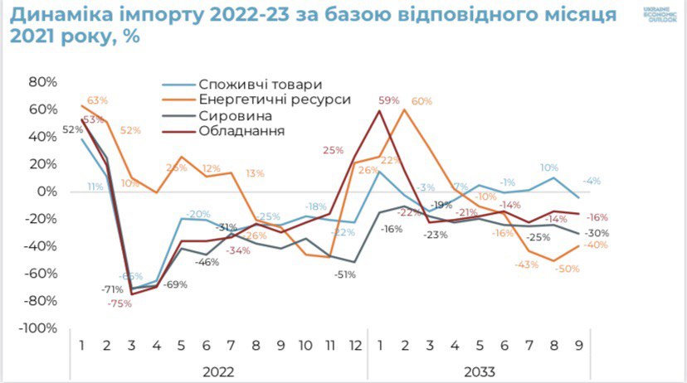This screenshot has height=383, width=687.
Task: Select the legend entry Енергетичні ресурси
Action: (275, 99)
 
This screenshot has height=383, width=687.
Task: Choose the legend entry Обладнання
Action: (242, 131)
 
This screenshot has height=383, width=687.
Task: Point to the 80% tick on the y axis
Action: (41, 82)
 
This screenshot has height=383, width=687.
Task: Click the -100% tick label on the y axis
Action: (37, 327)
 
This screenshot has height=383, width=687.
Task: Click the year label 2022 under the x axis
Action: (218, 371)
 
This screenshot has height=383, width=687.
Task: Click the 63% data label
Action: (98, 100)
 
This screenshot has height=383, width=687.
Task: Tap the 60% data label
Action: (421, 101)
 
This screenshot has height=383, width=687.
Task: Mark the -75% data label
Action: (119, 303)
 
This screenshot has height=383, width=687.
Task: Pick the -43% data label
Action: (526, 264)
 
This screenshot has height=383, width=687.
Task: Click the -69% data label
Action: (174, 284)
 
